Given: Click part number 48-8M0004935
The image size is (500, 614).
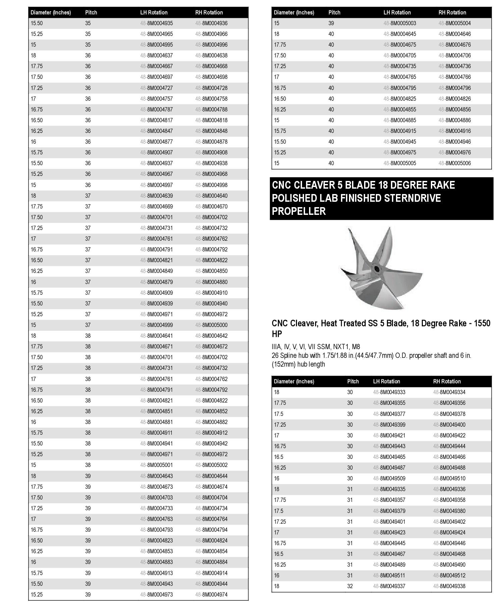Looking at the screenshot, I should tap(156, 23).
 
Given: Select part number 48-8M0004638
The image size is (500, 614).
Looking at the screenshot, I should tap(211, 55).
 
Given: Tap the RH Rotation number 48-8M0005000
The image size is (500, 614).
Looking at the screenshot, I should tap(211, 325).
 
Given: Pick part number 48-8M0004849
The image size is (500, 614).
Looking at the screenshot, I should tap(156, 271).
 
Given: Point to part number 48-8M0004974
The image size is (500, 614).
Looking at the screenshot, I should tap(211, 595).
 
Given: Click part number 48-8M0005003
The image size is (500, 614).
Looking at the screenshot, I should tap(400, 23).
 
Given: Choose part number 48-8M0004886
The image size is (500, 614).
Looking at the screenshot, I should tap(455, 120).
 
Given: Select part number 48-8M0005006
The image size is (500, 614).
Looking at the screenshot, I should tap(455, 163).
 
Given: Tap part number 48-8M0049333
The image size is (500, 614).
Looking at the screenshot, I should tap(389, 392).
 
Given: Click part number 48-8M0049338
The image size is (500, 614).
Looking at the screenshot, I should tap(449, 586).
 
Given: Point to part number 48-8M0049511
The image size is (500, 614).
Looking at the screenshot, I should tap(389, 575).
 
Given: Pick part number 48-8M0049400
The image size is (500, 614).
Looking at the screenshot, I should tap(449, 425).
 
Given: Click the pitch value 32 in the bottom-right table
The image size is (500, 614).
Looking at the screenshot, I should tap(350, 586).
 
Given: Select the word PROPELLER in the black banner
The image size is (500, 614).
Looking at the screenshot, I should tap(299, 211).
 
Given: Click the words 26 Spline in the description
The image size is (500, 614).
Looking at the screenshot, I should tap(286, 356).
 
